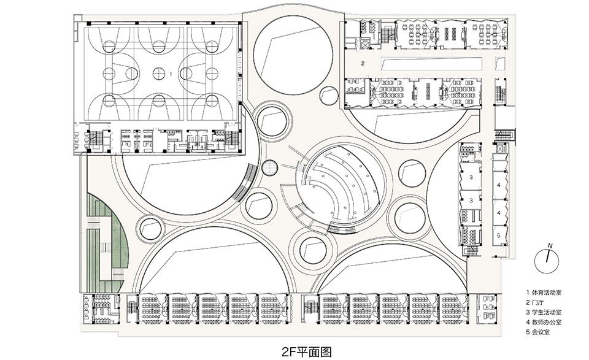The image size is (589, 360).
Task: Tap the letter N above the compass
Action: point(550,245)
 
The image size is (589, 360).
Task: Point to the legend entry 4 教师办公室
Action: point(545,322)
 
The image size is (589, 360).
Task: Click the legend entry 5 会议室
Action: point(540,332)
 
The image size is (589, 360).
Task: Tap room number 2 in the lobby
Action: point(363,63)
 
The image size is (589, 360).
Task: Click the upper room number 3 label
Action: point(471,177)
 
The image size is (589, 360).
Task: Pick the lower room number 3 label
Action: point(471,200)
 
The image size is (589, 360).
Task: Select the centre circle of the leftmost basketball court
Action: point(109,73)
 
